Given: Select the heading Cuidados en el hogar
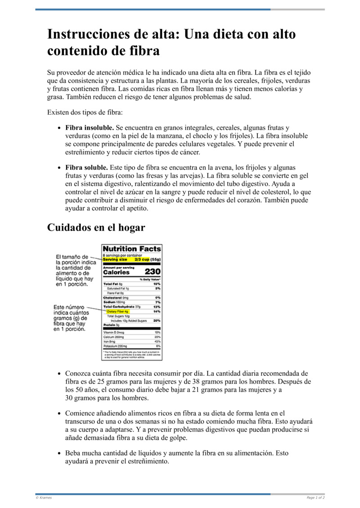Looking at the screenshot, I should (96, 227).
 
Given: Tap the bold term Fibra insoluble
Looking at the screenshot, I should (89, 128).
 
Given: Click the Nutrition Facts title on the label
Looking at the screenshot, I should (132, 249).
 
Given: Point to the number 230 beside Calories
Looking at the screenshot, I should (153, 272).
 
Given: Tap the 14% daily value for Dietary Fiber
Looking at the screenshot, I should (157, 311).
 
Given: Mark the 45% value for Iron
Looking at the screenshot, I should (157, 342).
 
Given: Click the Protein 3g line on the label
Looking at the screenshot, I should (111, 325).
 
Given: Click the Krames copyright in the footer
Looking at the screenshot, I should (44, 498).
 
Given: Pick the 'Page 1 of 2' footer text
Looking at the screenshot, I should (315, 498).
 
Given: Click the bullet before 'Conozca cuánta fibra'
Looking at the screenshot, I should (59, 374).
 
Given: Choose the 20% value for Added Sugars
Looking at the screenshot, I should (157, 321).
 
